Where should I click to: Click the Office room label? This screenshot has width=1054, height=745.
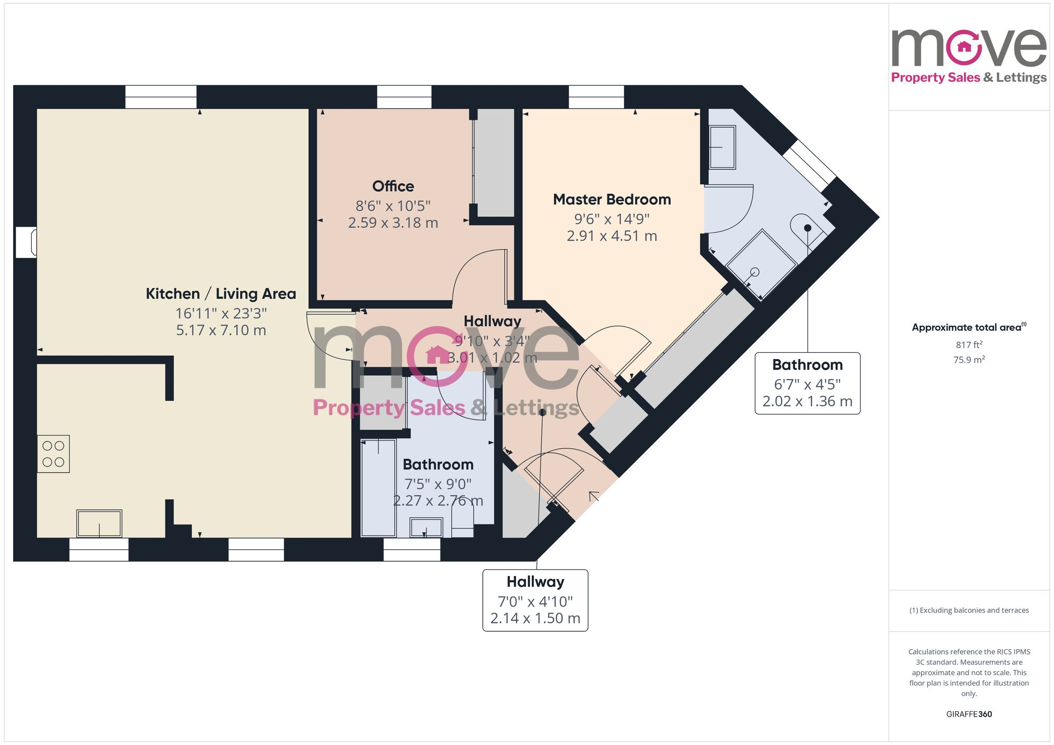(393, 186)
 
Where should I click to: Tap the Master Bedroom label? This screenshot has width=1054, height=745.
(611, 200)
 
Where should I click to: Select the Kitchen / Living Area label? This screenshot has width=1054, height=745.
(221, 294)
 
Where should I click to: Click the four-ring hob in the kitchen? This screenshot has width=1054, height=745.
(53, 454)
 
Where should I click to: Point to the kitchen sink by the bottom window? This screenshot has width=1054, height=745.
(99, 523)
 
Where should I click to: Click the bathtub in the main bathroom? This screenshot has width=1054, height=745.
(378, 488)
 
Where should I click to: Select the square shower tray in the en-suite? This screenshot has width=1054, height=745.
(761, 263)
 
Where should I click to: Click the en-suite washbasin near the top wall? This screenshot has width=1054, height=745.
(722, 147)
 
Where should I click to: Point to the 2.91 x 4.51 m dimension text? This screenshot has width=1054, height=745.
(611, 236)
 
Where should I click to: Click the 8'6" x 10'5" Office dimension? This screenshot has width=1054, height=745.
(393, 206)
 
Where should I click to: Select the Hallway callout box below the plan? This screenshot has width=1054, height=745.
(535, 600)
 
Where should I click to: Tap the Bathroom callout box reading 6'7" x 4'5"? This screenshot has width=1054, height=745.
(807, 383)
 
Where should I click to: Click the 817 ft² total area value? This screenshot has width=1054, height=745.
(969, 345)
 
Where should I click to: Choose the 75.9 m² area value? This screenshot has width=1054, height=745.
(969, 360)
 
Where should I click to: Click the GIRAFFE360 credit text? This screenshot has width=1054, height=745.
(969, 714)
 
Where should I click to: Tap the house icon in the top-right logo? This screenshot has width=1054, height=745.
(964, 47)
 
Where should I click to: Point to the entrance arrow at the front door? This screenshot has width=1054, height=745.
(594, 496)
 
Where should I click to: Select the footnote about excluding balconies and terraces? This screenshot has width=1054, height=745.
(969, 611)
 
